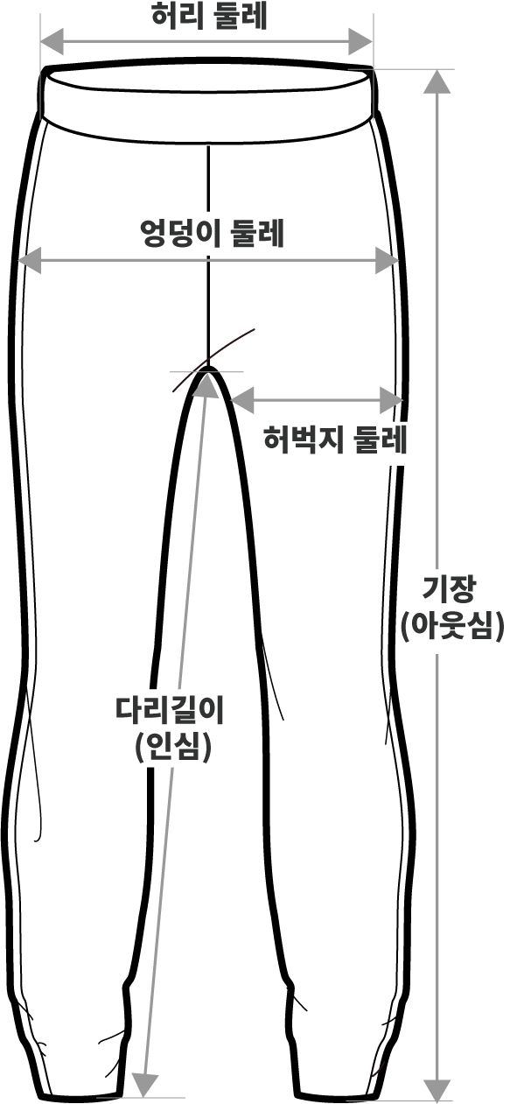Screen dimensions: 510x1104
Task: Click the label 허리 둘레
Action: (x=210, y=18)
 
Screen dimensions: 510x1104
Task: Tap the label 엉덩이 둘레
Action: (x=213, y=233)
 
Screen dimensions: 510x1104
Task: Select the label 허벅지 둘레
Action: (x=335, y=439)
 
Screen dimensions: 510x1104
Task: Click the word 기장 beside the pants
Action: (x=449, y=589)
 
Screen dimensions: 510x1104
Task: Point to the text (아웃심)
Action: (x=452, y=627)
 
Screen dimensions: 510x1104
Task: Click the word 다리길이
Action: (x=170, y=710)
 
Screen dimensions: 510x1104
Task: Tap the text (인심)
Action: (x=173, y=747)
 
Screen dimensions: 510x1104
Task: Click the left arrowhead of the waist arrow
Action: (x=52, y=41)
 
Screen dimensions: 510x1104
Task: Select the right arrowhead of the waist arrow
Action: (x=360, y=41)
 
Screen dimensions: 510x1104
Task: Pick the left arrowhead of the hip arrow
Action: (x=30, y=259)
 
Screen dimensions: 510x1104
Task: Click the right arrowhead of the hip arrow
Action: (x=387, y=259)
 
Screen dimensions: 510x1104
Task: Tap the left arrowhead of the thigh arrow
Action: (x=242, y=400)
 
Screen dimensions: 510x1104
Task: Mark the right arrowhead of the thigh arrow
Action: (x=391, y=400)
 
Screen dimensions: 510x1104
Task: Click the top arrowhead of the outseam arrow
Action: (x=437, y=81)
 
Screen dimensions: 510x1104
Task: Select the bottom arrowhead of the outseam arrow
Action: (x=437, y=1088)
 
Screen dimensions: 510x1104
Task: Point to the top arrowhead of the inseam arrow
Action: (x=206, y=386)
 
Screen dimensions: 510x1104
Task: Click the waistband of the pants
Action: (x=210, y=101)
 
